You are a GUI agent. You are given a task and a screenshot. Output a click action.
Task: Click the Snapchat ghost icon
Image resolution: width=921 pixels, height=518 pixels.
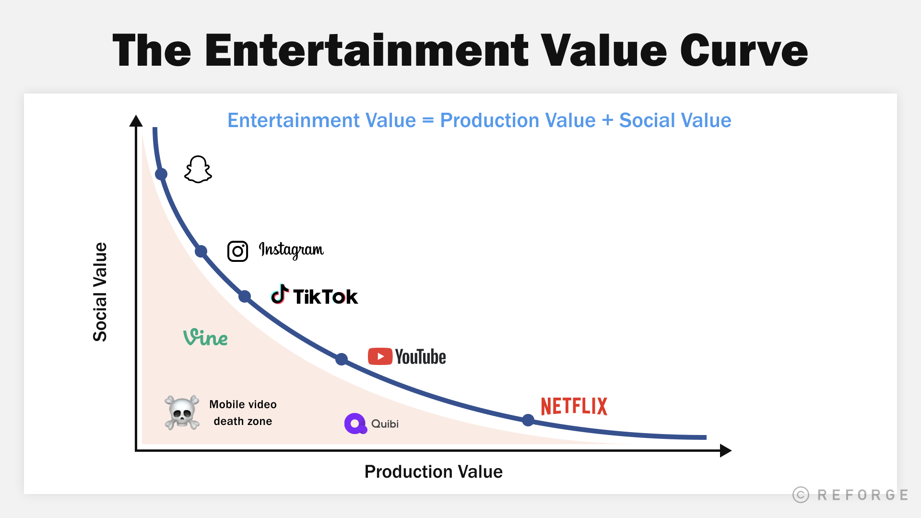[198, 169]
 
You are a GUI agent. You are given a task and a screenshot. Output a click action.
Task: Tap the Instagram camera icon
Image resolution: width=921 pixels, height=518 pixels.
[237, 251]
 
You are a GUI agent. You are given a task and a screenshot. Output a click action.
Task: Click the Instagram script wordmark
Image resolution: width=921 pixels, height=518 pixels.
[291, 250]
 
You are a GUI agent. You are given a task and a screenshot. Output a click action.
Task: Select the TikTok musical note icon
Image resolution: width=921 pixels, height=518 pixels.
[280, 294]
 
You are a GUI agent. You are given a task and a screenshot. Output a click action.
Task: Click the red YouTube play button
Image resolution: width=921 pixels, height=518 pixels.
[380, 356]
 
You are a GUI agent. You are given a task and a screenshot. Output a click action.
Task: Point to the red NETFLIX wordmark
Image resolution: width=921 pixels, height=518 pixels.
[574, 406]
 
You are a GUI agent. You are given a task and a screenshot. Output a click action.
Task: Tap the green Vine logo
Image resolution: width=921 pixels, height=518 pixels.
[205, 338]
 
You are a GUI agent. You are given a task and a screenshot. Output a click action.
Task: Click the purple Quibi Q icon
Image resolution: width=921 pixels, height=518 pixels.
[355, 424]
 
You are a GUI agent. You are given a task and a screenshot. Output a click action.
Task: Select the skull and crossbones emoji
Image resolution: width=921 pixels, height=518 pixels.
[182, 412]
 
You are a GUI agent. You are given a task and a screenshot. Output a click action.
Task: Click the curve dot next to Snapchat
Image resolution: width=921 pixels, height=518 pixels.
[161, 174]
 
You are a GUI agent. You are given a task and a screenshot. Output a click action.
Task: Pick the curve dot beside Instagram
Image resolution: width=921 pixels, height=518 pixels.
[201, 251]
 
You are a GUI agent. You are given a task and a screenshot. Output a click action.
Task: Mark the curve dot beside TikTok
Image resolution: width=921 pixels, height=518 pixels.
[245, 296]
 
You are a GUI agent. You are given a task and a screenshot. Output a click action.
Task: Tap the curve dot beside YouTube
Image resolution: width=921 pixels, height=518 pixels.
[342, 359]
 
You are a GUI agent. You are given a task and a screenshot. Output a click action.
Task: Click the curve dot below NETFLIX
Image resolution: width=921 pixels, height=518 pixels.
[528, 420]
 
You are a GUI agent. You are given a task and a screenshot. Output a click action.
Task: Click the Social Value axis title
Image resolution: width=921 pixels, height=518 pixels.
[100, 292]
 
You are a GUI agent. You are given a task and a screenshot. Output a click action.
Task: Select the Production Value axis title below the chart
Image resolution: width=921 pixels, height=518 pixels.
[433, 472]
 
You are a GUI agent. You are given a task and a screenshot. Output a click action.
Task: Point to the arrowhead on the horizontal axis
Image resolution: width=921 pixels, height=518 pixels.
[725, 450]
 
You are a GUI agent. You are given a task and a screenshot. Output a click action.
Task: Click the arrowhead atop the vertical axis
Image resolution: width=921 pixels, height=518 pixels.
[136, 121]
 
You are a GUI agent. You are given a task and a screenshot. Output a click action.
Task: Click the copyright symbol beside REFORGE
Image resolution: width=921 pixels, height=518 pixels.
[801, 494]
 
